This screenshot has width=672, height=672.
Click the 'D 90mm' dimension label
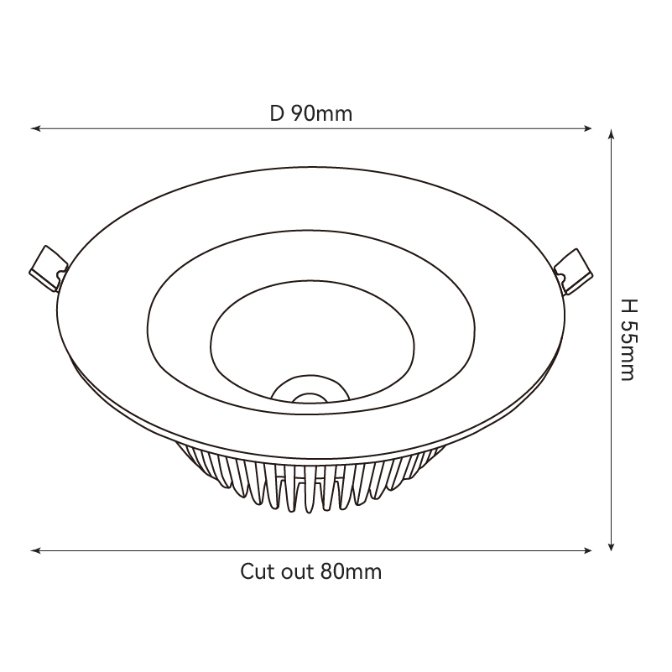(311, 113)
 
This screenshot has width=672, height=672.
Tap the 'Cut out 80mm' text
(310, 571)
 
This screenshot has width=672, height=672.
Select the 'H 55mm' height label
(629, 340)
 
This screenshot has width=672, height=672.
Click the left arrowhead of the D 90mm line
(35, 128)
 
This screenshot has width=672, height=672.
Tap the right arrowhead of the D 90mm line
(587, 128)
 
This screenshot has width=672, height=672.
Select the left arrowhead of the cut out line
(35, 550)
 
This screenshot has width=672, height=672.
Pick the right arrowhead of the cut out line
(587, 550)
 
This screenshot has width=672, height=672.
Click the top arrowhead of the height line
(612, 134)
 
